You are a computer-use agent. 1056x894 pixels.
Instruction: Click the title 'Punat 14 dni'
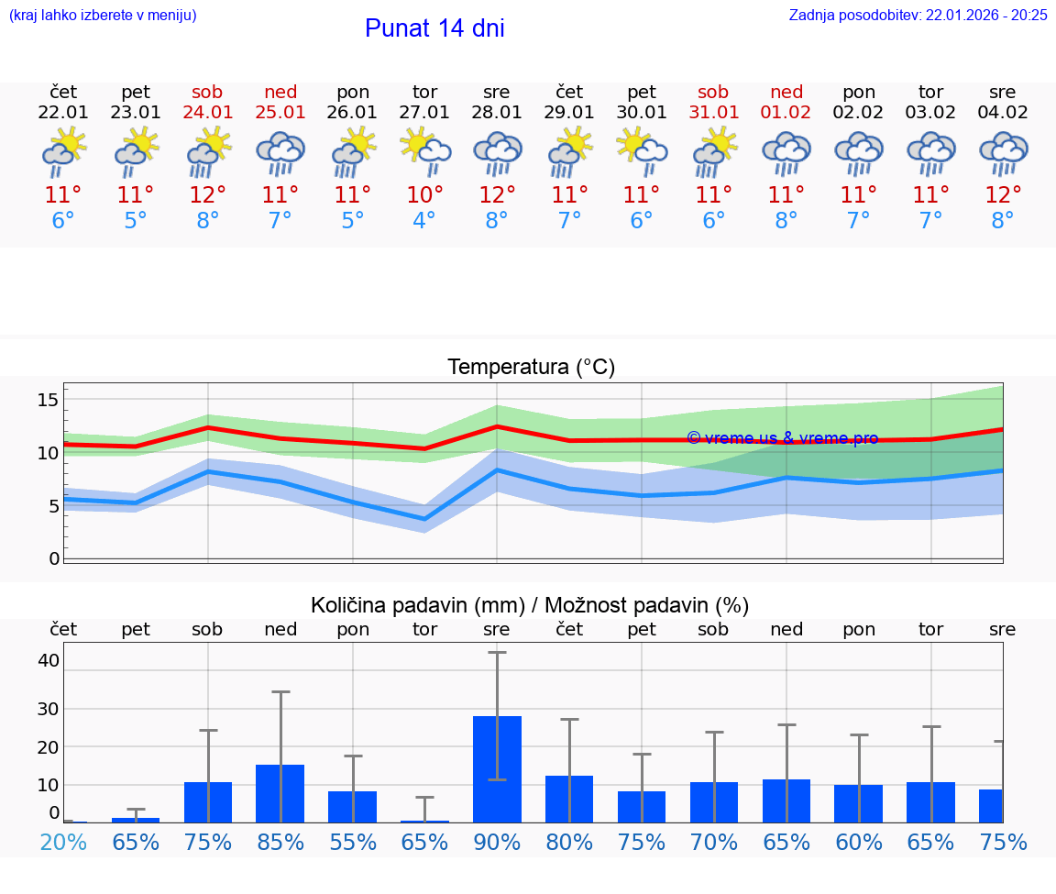434,28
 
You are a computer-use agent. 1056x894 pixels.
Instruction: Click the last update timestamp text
918,15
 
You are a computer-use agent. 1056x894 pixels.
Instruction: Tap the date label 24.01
208,113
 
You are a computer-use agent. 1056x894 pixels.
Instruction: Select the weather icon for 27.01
424,152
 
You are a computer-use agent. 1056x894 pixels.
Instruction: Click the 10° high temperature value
424,195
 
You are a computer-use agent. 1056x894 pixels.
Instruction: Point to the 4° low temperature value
424,221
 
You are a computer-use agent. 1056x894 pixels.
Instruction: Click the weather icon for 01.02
786,152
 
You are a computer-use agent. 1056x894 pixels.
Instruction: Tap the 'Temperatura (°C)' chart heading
531,368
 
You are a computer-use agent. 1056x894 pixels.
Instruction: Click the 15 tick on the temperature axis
49,400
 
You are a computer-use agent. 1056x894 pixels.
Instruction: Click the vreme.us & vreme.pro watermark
782,438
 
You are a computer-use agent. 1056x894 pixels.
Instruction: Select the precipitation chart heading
530,605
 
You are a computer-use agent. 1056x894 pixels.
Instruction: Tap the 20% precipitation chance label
63,842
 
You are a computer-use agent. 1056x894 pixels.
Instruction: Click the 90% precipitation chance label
497,842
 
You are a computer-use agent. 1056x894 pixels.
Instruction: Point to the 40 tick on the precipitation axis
49,660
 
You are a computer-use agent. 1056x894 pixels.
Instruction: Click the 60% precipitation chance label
858,842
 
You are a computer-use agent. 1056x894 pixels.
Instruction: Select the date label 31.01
713,113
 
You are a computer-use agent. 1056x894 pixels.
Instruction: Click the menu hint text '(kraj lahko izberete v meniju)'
103,15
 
